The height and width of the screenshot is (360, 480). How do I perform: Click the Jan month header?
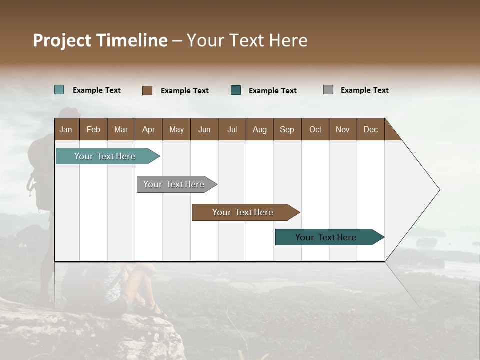[x=66, y=129]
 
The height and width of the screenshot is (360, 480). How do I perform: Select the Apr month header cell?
[x=148, y=129]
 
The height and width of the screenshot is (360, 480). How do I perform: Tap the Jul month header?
[x=232, y=129]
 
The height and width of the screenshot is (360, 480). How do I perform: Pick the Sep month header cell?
[x=287, y=129]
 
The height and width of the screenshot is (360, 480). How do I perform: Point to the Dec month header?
[x=370, y=129]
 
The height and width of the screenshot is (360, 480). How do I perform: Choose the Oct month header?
[x=315, y=129]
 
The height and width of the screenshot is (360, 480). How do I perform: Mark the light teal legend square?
[x=59, y=90]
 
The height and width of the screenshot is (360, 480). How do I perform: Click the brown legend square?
[x=147, y=90]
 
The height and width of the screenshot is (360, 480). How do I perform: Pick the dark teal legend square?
[x=236, y=90]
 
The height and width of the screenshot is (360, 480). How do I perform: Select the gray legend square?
[x=328, y=90]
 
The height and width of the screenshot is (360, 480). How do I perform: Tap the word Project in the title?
[x=62, y=40]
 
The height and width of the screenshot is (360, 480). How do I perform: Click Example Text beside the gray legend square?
[x=364, y=90]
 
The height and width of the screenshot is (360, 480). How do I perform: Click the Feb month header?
[x=93, y=129]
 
